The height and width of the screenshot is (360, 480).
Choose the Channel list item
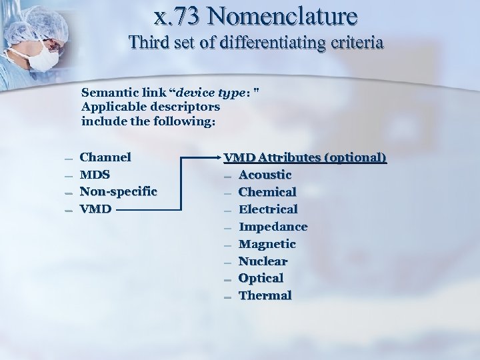pyautogui.click(x=105, y=157)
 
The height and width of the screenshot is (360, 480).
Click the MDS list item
pyautogui.click(x=95, y=175)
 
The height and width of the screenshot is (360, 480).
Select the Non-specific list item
pyautogui.click(x=119, y=192)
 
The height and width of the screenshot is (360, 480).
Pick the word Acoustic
pyautogui.click(x=265, y=175)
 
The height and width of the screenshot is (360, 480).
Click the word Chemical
pyautogui.click(x=267, y=192)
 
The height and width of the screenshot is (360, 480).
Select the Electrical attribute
pyautogui.click(x=268, y=209)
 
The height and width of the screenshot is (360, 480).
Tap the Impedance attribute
pyautogui.click(x=273, y=227)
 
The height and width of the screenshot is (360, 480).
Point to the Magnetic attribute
pyautogui.click(x=267, y=244)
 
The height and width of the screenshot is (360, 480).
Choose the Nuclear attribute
pyautogui.click(x=263, y=261)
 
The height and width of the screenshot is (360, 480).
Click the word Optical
pyautogui.click(x=261, y=278)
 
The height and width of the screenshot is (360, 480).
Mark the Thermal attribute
pyautogui.click(x=265, y=295)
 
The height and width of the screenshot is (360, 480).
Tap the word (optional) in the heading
pyautogui.click(x=355, y=158)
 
